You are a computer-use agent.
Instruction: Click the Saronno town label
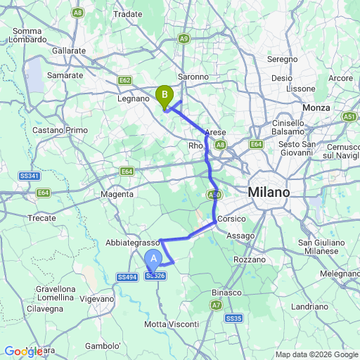pos(193,77)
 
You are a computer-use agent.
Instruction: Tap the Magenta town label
pos(117,194)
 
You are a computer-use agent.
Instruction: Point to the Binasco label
pos(226,292)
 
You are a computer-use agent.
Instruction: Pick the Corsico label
pos(231,219)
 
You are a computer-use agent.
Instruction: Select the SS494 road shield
pos(127,278)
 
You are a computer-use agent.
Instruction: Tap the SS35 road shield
pos(234,319)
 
